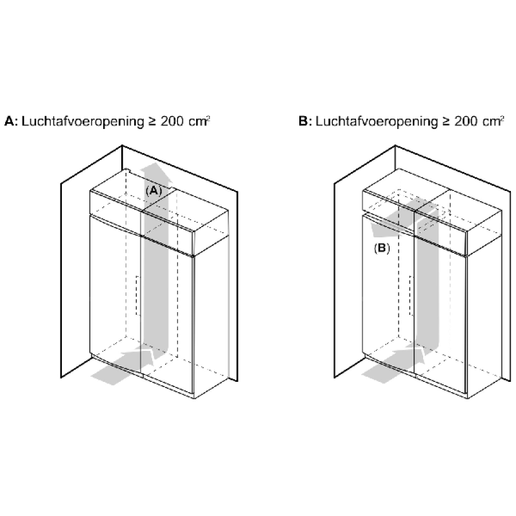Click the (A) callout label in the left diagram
coord(154,190)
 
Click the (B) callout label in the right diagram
coord(382,248)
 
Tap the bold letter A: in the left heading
coord(11,121)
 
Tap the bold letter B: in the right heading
coord(305,121)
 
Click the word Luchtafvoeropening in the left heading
coord(83,121)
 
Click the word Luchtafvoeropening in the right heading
coord(377,121)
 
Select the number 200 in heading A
coord(172,121)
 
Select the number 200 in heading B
coord(466,121)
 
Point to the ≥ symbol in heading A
coord(152,121)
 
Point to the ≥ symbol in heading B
coord(446,121)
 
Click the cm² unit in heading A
coord(199,121)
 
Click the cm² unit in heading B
coord(493,121)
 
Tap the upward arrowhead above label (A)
coord(155,172)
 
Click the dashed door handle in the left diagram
coord(138,295)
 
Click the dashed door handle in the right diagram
coord(411,295)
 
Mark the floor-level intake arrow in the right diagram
coord(393,364)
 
